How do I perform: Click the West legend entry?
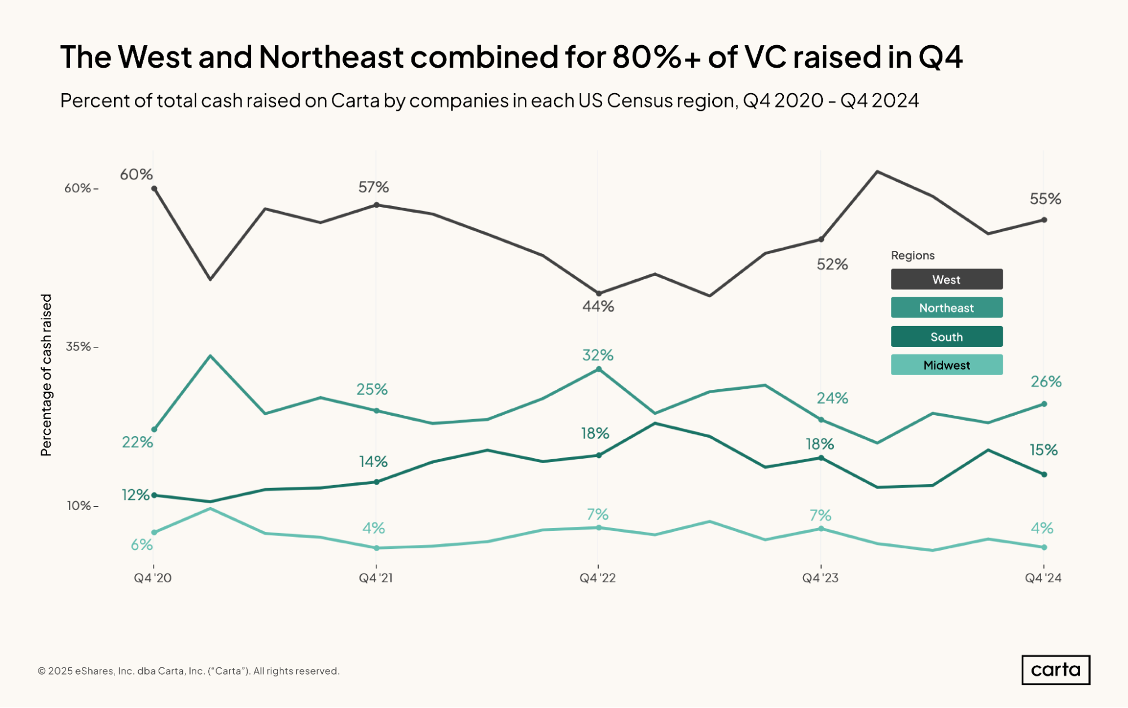point(946,279)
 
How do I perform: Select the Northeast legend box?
point(946,307)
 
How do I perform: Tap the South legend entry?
point(946,337)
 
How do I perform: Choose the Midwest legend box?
point(946,365)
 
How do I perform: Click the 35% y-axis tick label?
point(81,346)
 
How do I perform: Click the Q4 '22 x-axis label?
point(598,578)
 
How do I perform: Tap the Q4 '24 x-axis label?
point(1043,578)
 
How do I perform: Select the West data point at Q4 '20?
point(154,188)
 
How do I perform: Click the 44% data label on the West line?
point(598,306)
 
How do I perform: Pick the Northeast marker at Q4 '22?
point(599,369)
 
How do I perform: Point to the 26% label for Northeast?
point(1046,382)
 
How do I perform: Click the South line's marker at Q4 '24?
point(1044,474)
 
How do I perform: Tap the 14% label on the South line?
point(373,462)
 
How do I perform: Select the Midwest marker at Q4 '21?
point(376,548)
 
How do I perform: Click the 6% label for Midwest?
point(142,545)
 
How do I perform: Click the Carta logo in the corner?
point(1056,670)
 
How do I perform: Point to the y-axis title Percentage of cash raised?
point(46,375)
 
